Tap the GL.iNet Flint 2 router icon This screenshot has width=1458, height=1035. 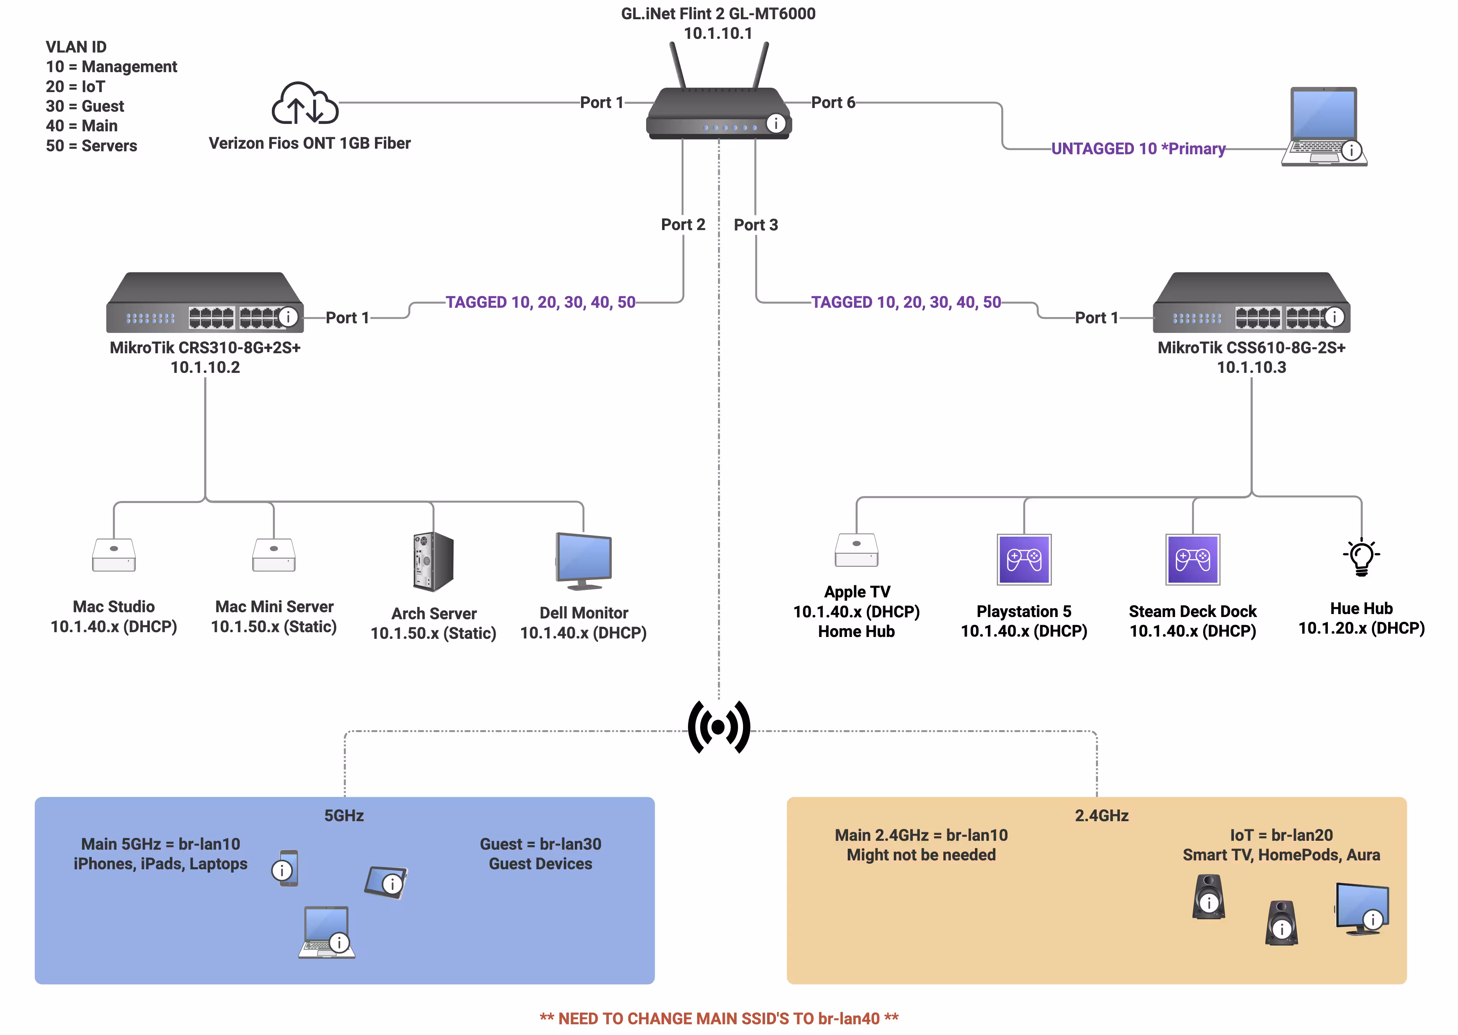point(718,112)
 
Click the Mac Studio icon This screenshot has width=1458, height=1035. point(114,555)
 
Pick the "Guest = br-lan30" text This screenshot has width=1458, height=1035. point(540,844)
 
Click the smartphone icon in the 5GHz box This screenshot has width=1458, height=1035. point(288,868)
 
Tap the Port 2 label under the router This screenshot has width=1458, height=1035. point(682,225)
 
